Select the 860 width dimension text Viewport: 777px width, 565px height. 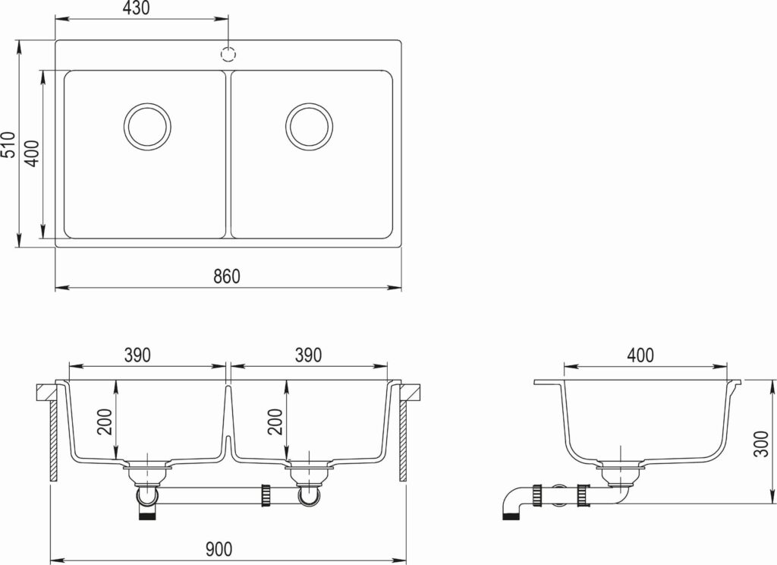tap(227, 276)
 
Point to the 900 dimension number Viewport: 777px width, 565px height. tap(219, 549)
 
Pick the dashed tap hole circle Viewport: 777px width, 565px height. tap(228, 54)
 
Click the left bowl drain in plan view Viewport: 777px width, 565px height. tap(147, 127)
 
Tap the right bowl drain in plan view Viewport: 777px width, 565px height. tap(310, 127)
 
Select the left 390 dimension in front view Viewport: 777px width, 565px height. tap(137, 355)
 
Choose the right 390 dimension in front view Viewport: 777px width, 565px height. tap(308, 355)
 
